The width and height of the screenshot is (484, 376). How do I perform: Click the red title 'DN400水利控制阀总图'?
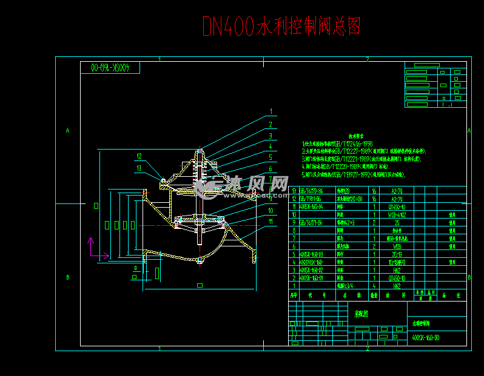[x=281, y=26]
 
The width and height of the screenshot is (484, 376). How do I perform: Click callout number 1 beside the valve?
[x=271, y=111]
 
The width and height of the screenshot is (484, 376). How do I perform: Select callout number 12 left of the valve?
[x=139, y=156]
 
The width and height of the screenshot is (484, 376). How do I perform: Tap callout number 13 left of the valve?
[x=139, y=168]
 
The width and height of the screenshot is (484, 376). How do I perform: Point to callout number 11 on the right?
[x=271, y=221]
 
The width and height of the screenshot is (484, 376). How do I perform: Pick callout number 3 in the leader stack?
[x=271, y=135]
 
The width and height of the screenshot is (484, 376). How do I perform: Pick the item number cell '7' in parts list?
[x=294, y=239]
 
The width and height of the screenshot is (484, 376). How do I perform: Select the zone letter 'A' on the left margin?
[x=68, y=130]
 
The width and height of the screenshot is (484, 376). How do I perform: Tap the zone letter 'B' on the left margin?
[x=68, y=277]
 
